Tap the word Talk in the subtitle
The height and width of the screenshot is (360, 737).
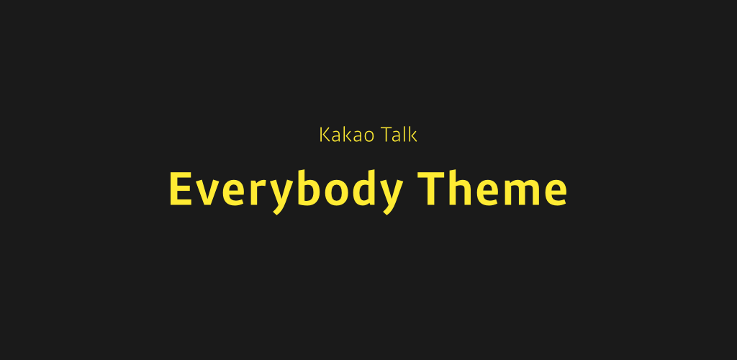[x=399, y=135]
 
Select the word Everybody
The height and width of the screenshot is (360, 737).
[x=286, y=192]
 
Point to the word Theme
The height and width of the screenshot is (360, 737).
[x=492, y=188]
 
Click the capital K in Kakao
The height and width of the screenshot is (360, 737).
[x=325, y=135]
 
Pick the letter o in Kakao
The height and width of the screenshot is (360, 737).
[x=368, y=137]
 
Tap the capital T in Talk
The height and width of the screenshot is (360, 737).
[x=386, y=135]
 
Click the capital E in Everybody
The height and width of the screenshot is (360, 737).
[x=181, y=189]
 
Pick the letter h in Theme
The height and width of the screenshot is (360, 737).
[x=461, y=187]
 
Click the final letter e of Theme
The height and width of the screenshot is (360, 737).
[x=556, y=193]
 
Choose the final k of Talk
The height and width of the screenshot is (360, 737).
[x=413, y=135]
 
